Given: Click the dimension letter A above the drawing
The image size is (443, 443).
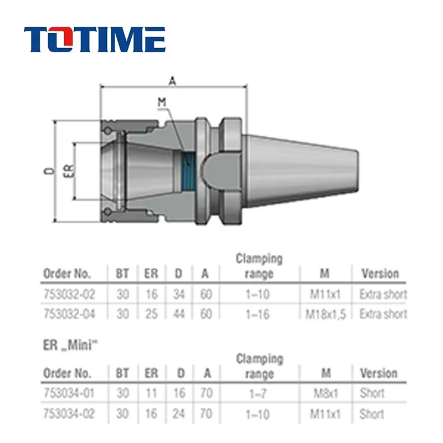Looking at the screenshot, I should point(172,81).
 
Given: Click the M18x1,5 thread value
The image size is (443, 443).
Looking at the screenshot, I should point(326,314).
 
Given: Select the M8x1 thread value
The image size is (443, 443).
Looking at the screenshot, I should point(326,394).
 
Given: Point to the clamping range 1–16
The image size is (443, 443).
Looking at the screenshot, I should point(259,314).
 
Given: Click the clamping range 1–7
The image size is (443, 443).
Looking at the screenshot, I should point(259,394).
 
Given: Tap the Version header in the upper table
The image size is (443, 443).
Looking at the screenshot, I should point(380,274).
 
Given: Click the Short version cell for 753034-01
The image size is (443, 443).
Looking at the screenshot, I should point(372,394).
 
